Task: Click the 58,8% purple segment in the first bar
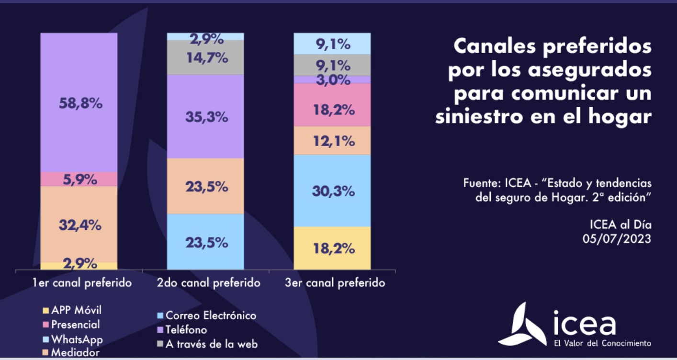(79, 103)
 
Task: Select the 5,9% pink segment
(79, 180)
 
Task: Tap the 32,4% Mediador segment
(79, 224)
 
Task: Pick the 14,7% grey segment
(205, 57)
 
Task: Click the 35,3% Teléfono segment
(205, 116)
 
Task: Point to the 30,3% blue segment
(332, 191)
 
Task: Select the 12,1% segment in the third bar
(332, 141)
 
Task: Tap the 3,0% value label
(332, 80)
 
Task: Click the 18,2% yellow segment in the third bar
(332, 248)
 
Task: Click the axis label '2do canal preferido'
(208, 283)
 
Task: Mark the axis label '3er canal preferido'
(335, 283)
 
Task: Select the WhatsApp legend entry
(77, 339)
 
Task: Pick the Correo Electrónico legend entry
(210, 315)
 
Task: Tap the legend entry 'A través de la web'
(211, 344)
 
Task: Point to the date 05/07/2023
(617, 238)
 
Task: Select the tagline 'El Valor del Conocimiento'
(602, 343)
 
